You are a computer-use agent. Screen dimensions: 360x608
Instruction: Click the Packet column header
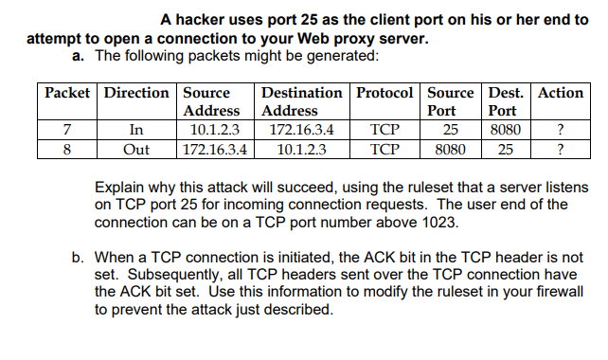67,93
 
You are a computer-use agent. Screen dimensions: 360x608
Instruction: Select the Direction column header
137,93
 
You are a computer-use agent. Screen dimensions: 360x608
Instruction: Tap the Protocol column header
385,93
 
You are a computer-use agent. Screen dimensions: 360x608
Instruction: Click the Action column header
561,93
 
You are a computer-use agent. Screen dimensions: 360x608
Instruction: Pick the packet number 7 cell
67,131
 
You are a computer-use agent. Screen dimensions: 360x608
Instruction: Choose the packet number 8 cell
67,149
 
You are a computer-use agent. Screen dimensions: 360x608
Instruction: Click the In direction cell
136,131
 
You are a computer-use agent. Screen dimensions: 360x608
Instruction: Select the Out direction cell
136,149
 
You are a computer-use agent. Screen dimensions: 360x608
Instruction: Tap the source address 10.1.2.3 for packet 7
215,131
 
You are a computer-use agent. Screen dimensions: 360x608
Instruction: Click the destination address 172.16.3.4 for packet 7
301,131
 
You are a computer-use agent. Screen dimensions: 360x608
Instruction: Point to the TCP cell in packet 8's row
384,149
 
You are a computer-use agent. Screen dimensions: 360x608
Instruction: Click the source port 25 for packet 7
451,131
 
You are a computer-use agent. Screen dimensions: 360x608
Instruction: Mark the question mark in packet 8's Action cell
562,149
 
